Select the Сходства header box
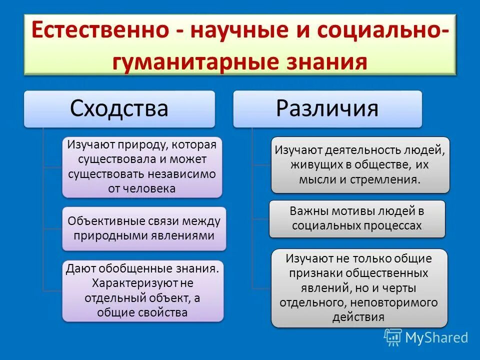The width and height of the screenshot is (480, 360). pos(119,108)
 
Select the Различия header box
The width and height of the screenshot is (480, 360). pos(327,108)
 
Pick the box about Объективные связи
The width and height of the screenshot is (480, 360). pos(144,228)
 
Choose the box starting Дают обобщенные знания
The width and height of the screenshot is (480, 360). pos(142,290)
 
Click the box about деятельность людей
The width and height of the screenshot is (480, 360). pos(360,164)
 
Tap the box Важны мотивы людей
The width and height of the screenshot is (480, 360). pos(356,218)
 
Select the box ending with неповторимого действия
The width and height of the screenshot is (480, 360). pos(359,287)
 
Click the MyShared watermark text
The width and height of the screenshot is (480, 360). pos(436,337)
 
